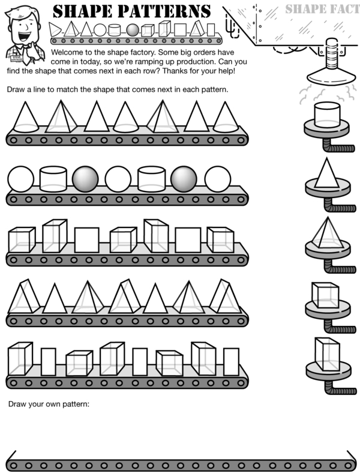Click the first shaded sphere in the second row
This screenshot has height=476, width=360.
click(x=85, y=179)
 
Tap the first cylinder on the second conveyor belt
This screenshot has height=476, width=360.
click(x=52, y=179)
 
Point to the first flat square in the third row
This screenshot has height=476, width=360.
click(x=86, y=240)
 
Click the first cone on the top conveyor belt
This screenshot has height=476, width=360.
click(x=25, y=116)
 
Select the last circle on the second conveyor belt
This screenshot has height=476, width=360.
click(x=217, y=179)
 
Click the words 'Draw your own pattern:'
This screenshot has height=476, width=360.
click(x=49, y=403)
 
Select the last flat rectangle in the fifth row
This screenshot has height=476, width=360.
click(x=232, y=361)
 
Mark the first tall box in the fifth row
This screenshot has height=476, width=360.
click(x=20, y=359)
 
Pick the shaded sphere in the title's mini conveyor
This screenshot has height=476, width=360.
click(x=132, y=30)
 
